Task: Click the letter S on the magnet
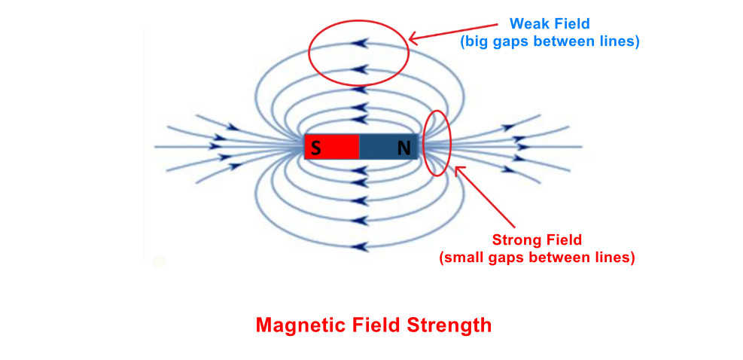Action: (x=316, y=148)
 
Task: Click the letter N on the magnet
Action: (x=404, y=148)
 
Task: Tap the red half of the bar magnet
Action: (x=333, y=147)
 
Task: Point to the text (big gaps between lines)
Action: (x=550, y=42)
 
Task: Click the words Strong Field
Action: (x=537, y=241)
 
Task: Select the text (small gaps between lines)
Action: (x=537, y=258)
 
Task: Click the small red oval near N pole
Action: (x=437, y=144)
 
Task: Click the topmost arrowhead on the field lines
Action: (x=361, y=43)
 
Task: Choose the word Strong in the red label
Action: (x=514, y=241)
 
